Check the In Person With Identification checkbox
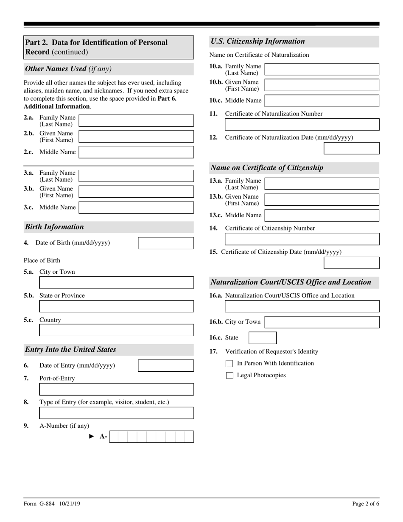[229, 363]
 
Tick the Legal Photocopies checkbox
[229, 375]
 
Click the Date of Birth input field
[166, 243]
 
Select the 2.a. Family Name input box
[136, 121]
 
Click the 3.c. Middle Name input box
[136, 207]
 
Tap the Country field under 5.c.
[116, 330]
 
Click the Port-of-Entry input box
[116, 389]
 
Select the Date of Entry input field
[166, 365]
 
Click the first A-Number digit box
[114, 437]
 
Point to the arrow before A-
[92, 436]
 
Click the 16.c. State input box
[262, 338]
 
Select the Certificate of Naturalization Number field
[302, 124]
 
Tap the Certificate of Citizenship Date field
[351, 263]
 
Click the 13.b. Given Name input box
[322, 199]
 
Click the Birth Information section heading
[55, 227]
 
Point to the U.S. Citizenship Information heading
[258, 41]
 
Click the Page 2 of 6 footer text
[366, 504]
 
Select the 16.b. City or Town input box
[322, 322]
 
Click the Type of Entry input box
[116, 413]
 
